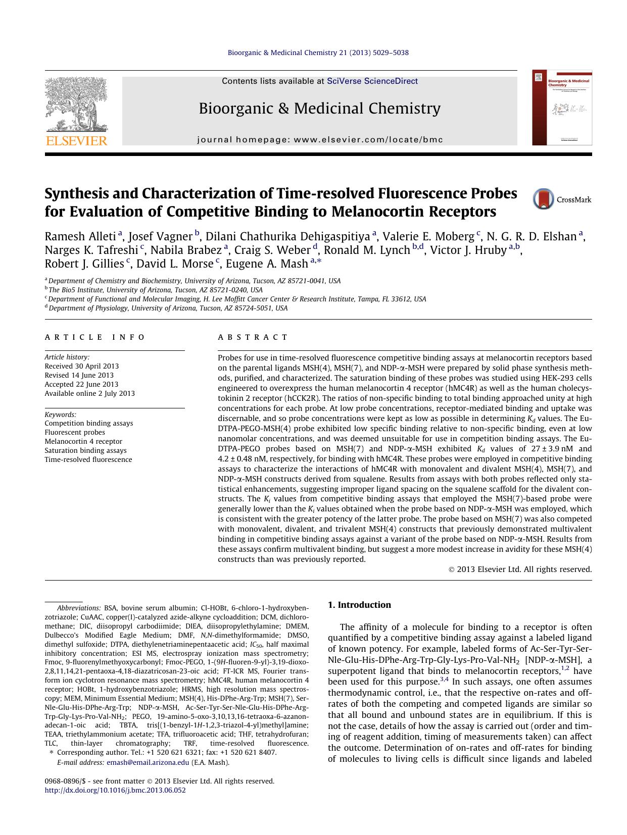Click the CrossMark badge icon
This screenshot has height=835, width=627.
pos(543,199)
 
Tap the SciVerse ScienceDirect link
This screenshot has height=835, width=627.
pos(372,81)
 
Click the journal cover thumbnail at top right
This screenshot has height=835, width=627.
pos(562,108)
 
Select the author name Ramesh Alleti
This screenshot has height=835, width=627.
pos(80,236)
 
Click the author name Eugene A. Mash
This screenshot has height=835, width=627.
pos(267,264)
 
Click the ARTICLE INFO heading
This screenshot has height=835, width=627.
pos(94,337)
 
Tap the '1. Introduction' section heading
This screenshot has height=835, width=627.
pos(359,605)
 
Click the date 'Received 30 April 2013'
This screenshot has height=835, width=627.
pos(82,366)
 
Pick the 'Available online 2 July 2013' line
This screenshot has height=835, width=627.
pos(89,393)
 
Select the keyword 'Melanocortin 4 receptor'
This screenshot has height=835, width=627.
pos(83,441)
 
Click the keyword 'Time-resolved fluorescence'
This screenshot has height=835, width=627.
pos(88,459)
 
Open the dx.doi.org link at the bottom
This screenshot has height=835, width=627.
pos(115,790)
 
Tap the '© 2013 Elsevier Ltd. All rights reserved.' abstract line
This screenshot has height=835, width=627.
pos(520,569)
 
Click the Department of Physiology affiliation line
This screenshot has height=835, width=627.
pos(167,308)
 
